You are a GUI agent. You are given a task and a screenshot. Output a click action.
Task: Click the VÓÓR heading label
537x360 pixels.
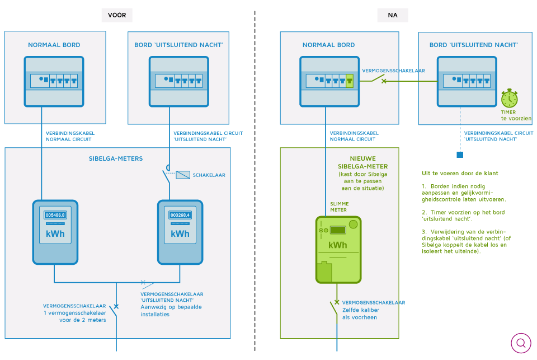tap(117, 15)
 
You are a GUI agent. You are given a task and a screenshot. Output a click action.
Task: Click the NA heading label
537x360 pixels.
tap(393, 15)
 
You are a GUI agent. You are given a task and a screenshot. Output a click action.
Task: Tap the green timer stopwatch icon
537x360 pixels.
tap(509, 99)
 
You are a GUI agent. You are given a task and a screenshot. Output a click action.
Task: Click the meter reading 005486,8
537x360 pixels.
tap(55, 215)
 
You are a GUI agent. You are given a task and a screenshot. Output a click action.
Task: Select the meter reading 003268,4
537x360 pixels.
tap(180, 215)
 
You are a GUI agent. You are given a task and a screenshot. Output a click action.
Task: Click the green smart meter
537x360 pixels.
tap(338, 250)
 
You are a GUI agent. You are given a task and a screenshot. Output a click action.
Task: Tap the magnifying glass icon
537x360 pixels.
tap(521, 343)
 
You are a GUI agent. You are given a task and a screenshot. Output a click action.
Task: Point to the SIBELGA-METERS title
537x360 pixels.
tap(116, 158)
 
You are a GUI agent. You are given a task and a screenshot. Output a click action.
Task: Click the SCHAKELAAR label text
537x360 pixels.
tap(209, 175)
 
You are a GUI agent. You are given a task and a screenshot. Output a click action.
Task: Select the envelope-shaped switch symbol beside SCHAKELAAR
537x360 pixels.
tap(183, 175)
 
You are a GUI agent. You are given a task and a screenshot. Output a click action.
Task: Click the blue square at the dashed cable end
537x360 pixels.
tap(460, 155)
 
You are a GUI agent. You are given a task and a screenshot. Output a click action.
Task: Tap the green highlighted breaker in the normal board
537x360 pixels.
tap(349, 81)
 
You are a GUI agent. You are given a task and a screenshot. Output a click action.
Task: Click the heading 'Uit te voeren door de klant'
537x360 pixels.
tap(460, 173)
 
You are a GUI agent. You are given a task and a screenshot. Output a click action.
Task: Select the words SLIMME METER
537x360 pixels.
tap(340, 207)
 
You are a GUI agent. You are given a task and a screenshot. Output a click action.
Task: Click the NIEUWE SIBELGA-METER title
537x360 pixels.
tap(362, 162)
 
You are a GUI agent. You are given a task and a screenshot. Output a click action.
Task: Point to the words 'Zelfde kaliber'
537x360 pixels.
tap(361, 310)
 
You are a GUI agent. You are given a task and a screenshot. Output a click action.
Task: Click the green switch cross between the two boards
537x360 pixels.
tap(384, 81)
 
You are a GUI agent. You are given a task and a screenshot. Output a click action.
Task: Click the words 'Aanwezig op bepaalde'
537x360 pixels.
tap(171, 307)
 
